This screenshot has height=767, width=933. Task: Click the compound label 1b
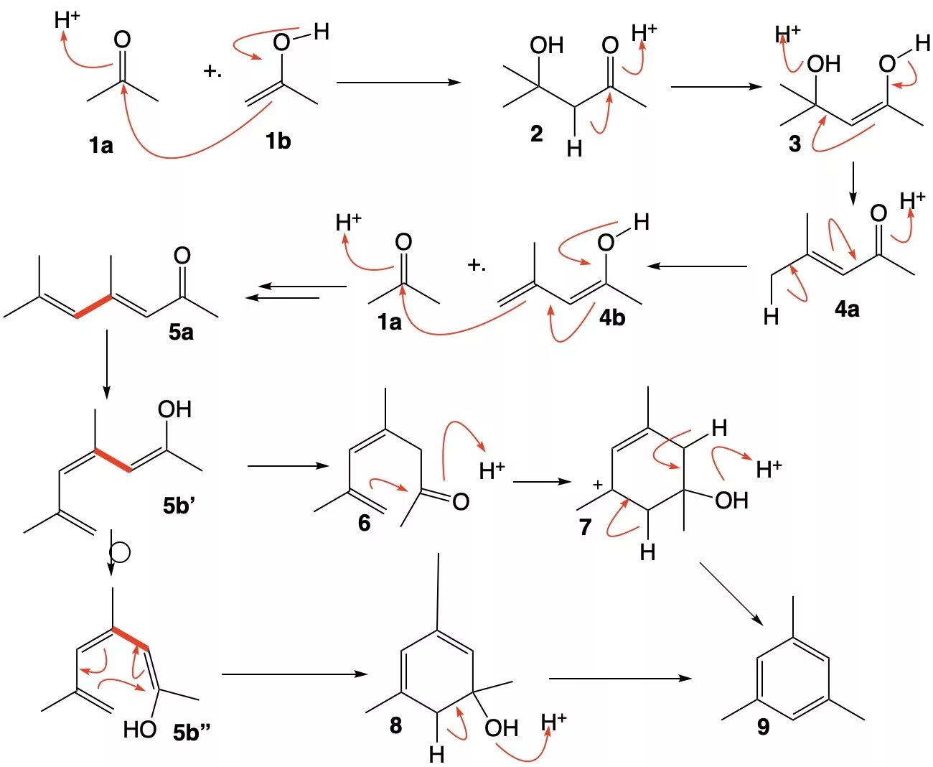278,141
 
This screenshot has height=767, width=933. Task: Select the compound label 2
536,134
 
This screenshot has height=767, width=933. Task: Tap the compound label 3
794,144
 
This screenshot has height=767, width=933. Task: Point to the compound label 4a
847,310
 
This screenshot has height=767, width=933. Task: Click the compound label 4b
612,317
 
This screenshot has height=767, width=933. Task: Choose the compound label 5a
181,332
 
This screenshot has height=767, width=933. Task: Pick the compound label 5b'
179,506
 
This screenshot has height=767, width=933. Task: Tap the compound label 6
364,523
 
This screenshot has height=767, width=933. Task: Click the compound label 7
585,528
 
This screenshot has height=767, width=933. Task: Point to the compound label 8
395,725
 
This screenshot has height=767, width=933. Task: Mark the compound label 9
763,727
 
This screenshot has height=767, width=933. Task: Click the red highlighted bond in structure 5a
93,307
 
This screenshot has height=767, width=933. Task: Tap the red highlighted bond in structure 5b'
112,460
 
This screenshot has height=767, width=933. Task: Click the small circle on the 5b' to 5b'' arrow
119,552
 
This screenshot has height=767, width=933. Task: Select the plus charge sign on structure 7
597,485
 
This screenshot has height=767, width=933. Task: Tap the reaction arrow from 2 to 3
716,87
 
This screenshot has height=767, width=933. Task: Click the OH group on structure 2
546,46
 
